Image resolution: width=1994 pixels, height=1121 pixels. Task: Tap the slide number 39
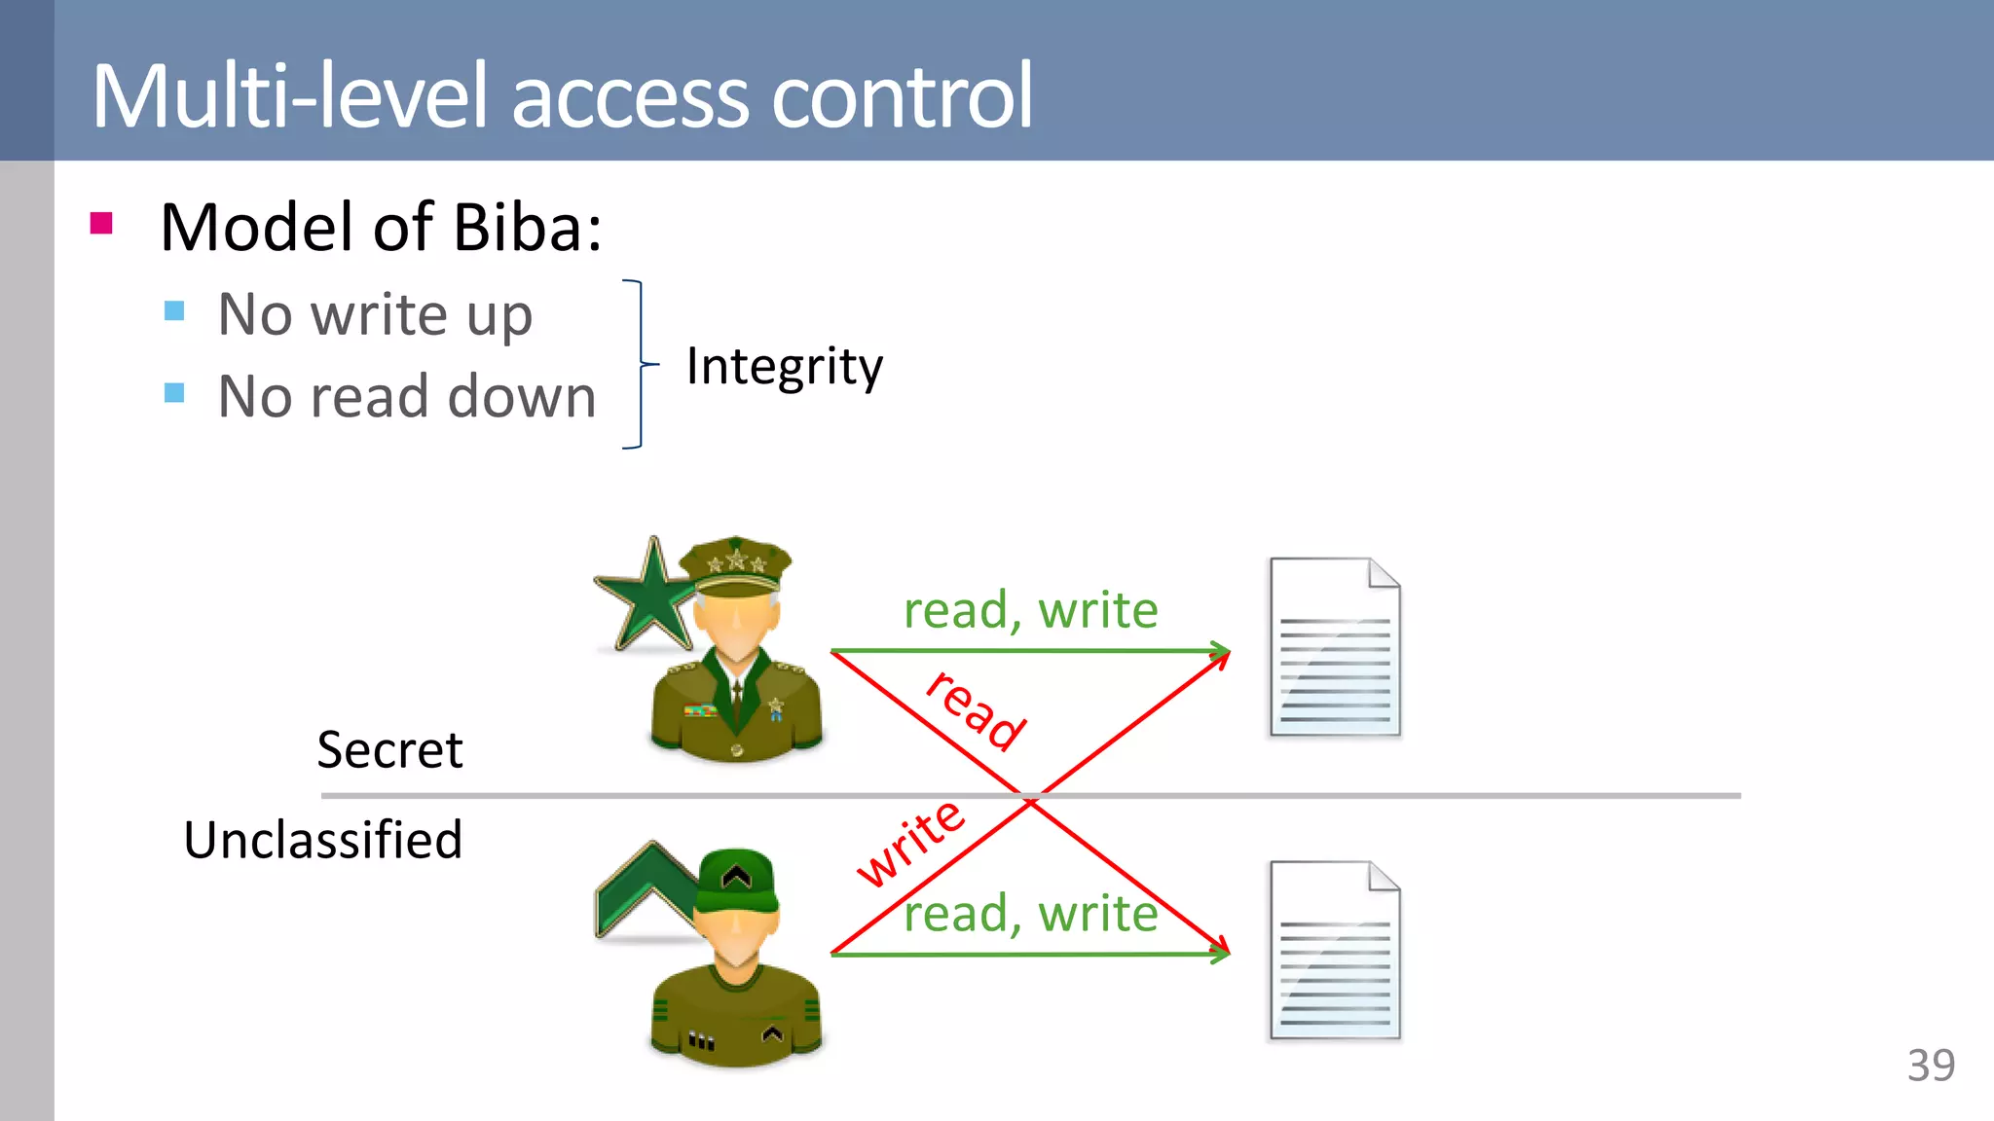[1931, 1066]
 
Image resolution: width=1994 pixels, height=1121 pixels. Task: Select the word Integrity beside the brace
[784, 367]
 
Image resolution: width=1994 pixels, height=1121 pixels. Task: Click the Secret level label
[389, 750]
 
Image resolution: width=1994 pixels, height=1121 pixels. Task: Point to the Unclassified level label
[322, 840]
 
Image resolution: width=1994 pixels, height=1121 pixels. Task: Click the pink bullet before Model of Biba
[101, 224]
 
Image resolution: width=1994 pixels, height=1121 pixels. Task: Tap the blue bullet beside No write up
[175, 311]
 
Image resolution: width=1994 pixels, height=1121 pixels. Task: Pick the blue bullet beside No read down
[175, 393]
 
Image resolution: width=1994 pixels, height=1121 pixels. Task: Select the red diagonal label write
[910, 842]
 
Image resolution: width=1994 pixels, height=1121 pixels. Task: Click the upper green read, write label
[1030, 611]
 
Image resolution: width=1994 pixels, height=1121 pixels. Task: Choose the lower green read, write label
[1030, 915]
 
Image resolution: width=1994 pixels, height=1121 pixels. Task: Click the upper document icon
[1335, 647]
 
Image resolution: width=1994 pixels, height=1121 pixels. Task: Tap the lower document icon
[1335, 951]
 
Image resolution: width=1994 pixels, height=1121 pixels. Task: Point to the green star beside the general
[648, 597]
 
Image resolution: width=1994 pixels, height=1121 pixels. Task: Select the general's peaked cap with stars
[736, 566]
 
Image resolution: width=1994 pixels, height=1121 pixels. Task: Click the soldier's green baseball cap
[738, 880]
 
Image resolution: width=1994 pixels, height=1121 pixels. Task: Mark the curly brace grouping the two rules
[638, 364]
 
